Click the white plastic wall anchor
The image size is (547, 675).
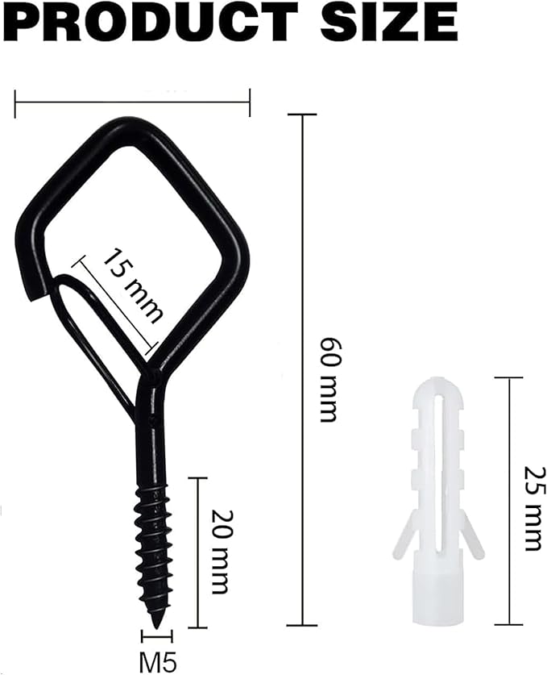click(x=437, y=501)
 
